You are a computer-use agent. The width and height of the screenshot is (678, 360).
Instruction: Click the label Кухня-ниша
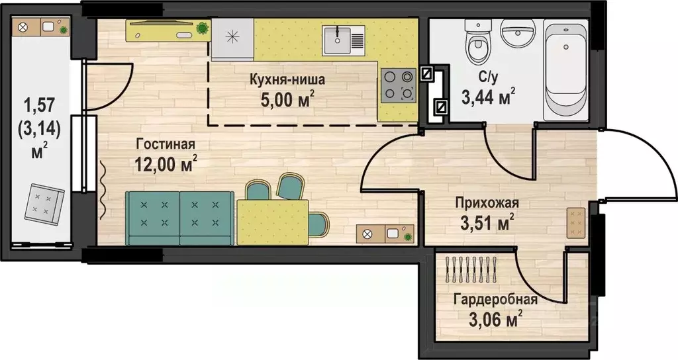(286, 80)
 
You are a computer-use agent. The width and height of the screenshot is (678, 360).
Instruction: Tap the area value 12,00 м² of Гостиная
(165, 163)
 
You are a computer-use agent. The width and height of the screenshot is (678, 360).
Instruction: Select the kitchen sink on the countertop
(344, 40)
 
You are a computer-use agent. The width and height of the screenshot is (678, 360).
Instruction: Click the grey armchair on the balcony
(44, 204)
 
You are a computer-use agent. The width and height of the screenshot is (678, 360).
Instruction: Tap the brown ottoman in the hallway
(575, 223)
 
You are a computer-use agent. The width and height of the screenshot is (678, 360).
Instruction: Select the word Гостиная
(165, 144)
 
